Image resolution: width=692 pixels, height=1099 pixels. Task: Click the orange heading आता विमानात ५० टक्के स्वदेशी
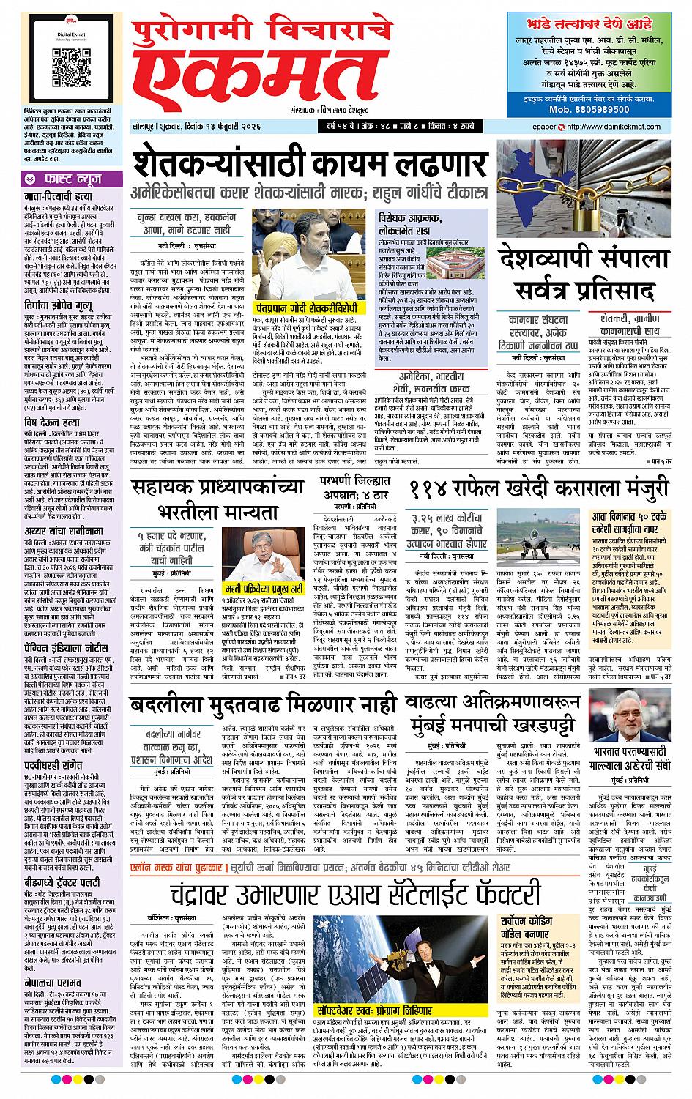630,525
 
